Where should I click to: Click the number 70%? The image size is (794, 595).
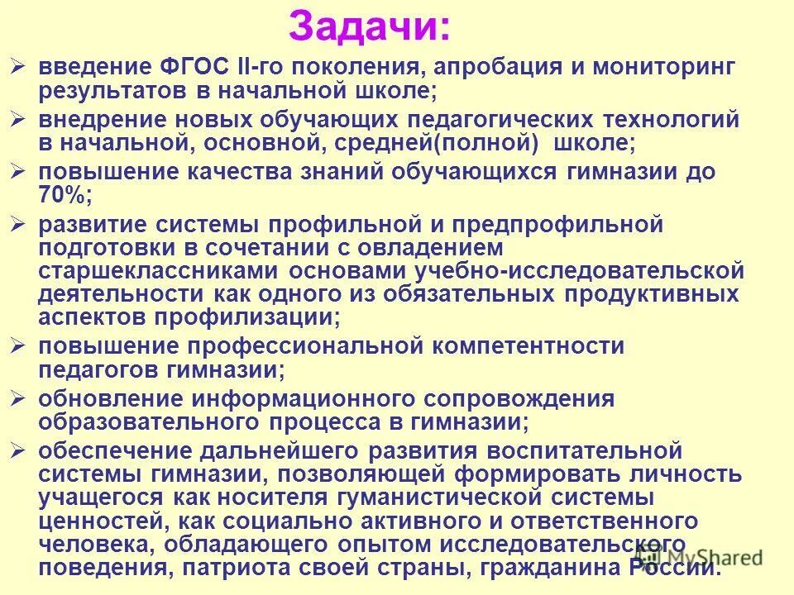(x=65, y=195)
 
